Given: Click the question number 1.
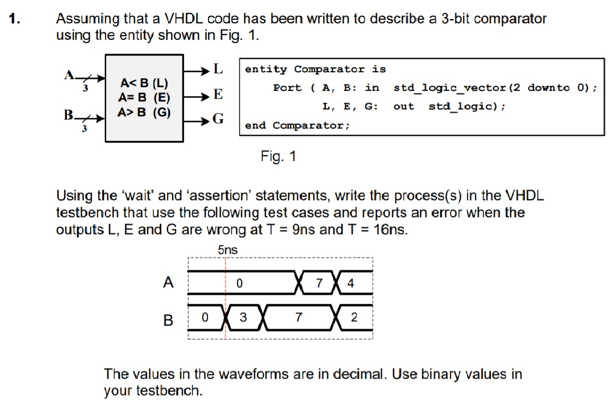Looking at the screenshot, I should (x=15, y=20).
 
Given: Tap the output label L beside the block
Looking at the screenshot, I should (x=218, y=69).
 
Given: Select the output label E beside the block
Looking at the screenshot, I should (x=218, y=95).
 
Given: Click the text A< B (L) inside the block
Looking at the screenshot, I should (x=144, y=83).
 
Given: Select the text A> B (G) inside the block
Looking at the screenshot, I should (x=144, y=112).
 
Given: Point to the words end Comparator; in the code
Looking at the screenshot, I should (x=297, y=125).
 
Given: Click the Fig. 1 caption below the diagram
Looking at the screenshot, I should (x=278, y=157).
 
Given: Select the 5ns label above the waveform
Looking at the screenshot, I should (x=228, y=250).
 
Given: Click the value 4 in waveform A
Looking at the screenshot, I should (x=350, y=283).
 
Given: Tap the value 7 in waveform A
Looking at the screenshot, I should (x=319, y=283).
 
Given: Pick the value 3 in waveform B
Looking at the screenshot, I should (x=243, y=318).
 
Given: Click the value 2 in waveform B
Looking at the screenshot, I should (x=354, y=318).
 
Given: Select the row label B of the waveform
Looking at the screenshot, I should (x=168, y=320).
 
